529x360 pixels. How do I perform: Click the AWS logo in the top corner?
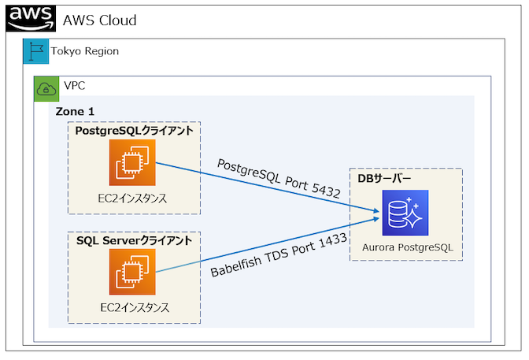coord(30,18)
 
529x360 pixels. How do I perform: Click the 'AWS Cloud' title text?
coord(99,20)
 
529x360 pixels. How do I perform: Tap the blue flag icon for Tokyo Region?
coord(35,51)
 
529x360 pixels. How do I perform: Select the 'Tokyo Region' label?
coord(85,51)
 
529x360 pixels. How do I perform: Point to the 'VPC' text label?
coord(74,86)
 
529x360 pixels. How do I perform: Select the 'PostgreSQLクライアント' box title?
coord(134,131)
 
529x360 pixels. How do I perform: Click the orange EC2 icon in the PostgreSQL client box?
coord(133,163)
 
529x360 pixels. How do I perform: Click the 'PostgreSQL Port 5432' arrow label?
coord(279,177)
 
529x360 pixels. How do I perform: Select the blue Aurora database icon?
coord(405,213)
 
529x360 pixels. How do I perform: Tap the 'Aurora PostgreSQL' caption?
coord(407,248)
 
